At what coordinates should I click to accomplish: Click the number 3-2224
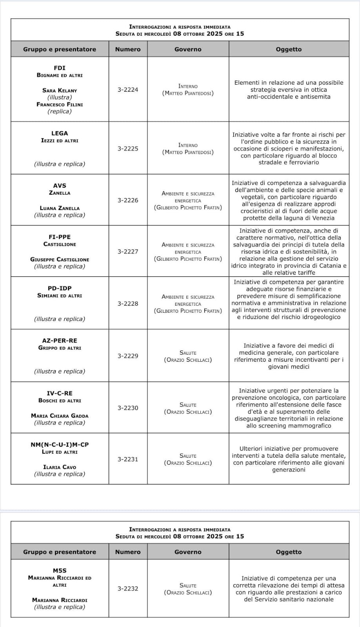point(128,90)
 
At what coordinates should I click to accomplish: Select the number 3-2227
point(128,252)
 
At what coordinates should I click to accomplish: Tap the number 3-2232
point(128,589)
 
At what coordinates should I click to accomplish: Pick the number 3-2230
point(128,408)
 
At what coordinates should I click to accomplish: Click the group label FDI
point(60,68)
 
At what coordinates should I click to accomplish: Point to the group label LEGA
point(60,133)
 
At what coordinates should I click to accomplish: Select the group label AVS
point(60,186)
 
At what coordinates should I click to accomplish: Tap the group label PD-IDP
point(60,288)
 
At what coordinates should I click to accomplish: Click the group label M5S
point(60,571)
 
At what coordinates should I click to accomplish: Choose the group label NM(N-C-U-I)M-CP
point(60,445)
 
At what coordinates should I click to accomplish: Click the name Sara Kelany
point(60,91)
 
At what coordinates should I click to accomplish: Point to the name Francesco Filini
point(60,105)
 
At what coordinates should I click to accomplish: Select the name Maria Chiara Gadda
point(60,416)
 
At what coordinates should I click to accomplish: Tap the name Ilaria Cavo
point(60,467)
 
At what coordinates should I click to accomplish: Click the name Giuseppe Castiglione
point(60,259)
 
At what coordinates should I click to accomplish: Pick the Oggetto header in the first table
point(289,49)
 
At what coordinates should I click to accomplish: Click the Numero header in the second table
point(128,552)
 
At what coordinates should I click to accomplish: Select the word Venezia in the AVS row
point(321,218)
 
